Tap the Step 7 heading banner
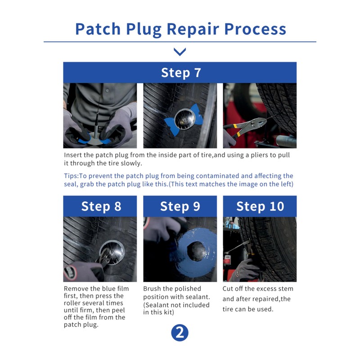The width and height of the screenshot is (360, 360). click(180, 73)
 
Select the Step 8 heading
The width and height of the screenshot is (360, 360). click(101, 206)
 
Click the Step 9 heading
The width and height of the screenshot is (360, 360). click(180, 206)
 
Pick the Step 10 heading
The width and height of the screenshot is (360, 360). click(260, 206)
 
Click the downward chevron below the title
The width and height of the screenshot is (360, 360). click(180, 52)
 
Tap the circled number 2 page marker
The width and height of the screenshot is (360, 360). click(180, 333)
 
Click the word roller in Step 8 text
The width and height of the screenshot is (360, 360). click(73, 303)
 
